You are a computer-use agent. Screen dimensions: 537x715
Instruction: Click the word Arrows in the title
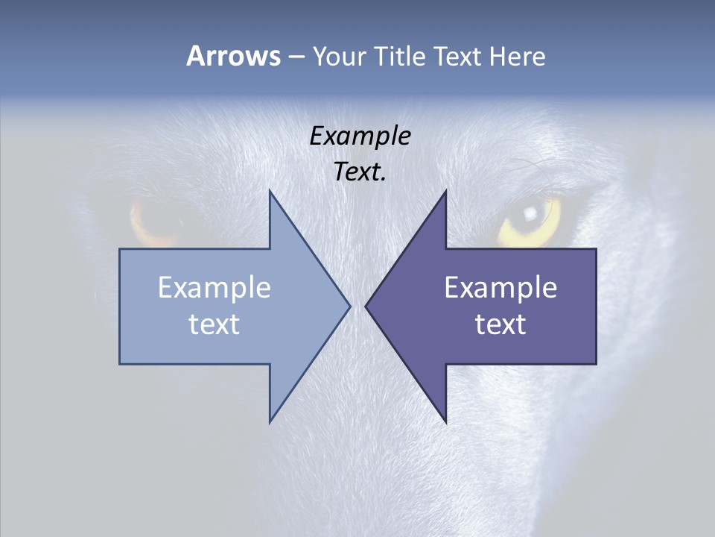[233, 56]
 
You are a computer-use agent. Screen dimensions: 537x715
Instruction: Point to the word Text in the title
[459, 56]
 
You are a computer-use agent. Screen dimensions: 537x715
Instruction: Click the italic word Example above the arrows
[360, 136]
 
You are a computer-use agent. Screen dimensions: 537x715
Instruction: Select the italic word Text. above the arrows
[360, 172]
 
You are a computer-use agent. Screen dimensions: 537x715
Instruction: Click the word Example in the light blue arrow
[214, 288]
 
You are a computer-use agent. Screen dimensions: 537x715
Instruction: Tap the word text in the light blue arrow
[214, 324]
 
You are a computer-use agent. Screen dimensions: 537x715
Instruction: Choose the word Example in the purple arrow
[500, 288]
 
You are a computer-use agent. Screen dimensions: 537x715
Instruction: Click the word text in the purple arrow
[500, 324]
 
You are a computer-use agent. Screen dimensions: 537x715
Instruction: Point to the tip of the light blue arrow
[349, 306]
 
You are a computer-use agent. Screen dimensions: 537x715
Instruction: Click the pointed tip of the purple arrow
[366, 306]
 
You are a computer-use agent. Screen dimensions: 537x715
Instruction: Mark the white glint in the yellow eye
[530, 213]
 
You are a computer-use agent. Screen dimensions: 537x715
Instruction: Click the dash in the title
[296, 57]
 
